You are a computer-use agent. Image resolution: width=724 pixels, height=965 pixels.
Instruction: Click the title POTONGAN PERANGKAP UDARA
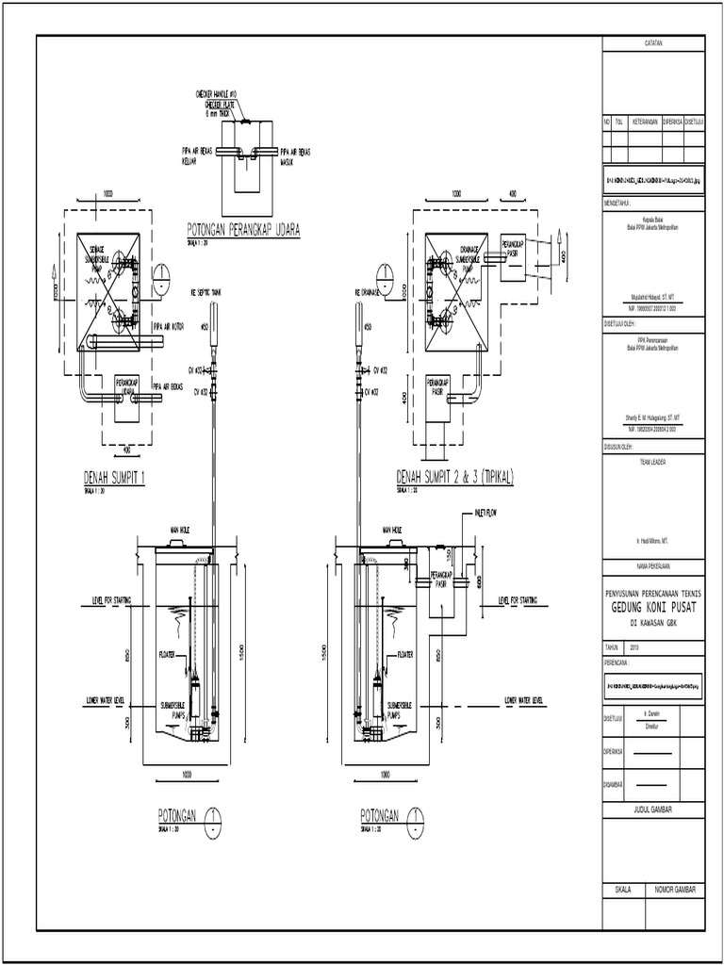coord(244,230)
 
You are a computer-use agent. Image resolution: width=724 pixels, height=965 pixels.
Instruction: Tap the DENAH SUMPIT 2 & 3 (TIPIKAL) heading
coord(455,478)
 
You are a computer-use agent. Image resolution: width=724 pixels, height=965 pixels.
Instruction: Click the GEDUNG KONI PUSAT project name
coord(652,610)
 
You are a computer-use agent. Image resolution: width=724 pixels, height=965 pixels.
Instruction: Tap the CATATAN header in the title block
coord(653,43)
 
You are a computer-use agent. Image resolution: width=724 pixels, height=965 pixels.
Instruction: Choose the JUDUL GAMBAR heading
coord(653,810)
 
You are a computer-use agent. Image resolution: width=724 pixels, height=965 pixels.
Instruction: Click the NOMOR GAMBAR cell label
coord(674,889)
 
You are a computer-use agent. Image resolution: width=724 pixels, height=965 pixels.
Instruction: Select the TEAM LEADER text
coord(653,463)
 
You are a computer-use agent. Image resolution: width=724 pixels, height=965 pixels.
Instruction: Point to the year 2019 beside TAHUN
coord(633,647)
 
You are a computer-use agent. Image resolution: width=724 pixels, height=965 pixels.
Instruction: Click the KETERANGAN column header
coord(645,122)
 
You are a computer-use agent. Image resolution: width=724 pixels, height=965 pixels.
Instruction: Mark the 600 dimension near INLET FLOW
coord(480,581)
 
